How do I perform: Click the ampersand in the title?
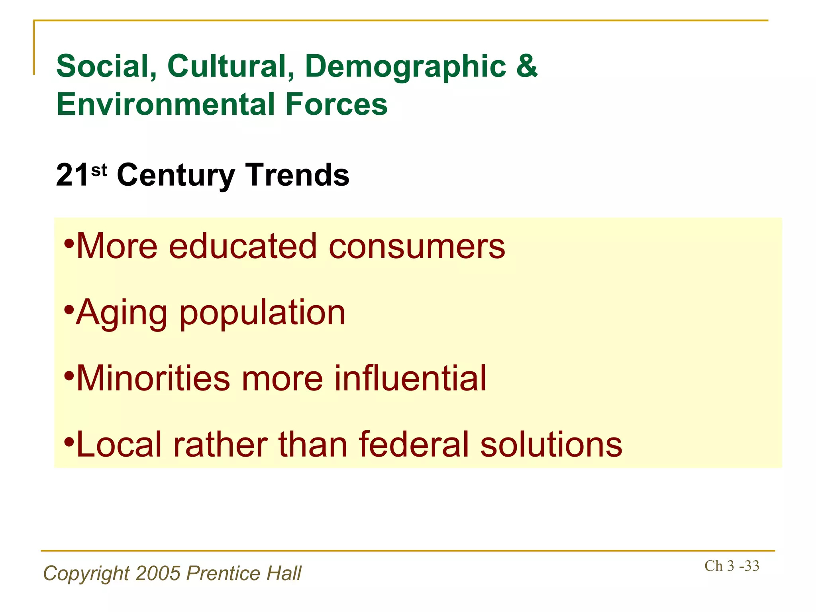pyautogui.click(x=527, y=66)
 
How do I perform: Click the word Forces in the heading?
pyautogui.click(x=336, y=104)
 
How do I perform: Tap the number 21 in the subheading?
pyautogui.click(x=72, y=175)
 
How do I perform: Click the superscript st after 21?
pyautogui.click(x=99, y=170)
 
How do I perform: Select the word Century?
pyautogui.click(x=176, y=175)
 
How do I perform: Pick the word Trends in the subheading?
pyautogui.click(x=297, y=175)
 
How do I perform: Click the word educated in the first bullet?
pyautogui.click(x=243, y=246)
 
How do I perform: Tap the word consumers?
pyautogui.click(x=417, y=246)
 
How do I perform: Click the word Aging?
pyautogui.click(x=122, y=313)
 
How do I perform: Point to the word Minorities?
pyautogui.click(x=153, y=378)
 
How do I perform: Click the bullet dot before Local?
pyautogui.click(x=69, y=441)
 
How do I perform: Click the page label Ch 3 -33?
pyautogui.click(x=732, y=566)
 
